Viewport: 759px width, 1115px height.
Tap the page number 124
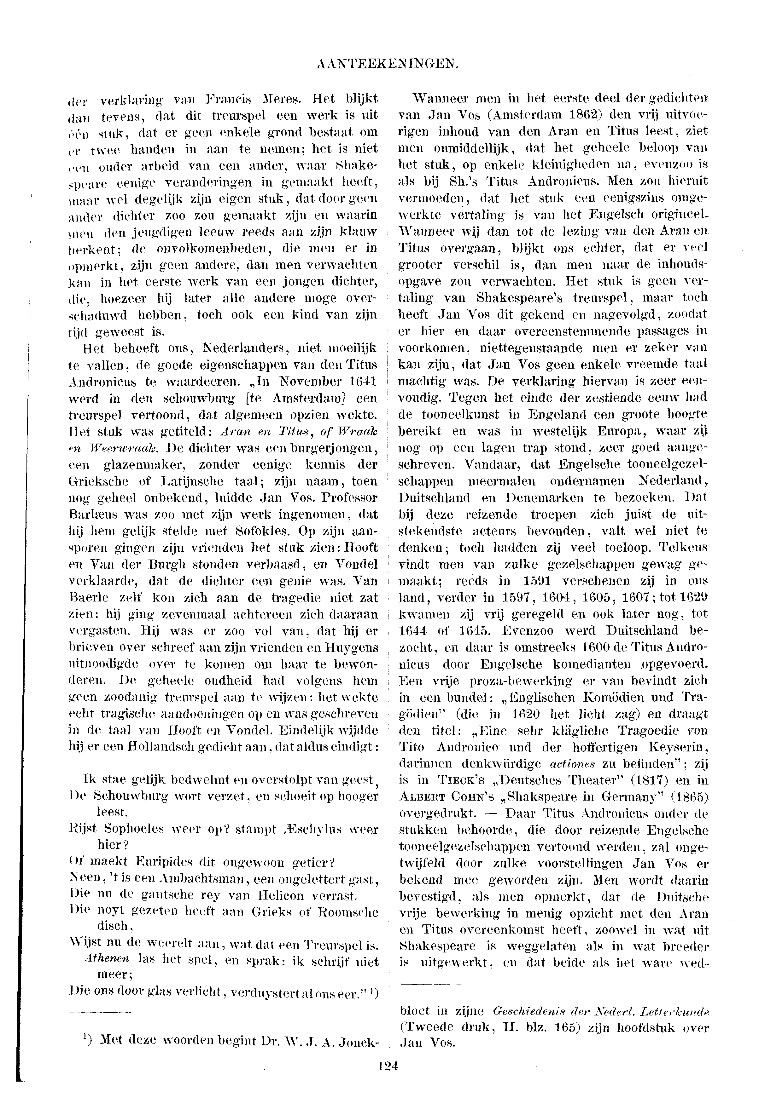click(x=388, y=1066)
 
